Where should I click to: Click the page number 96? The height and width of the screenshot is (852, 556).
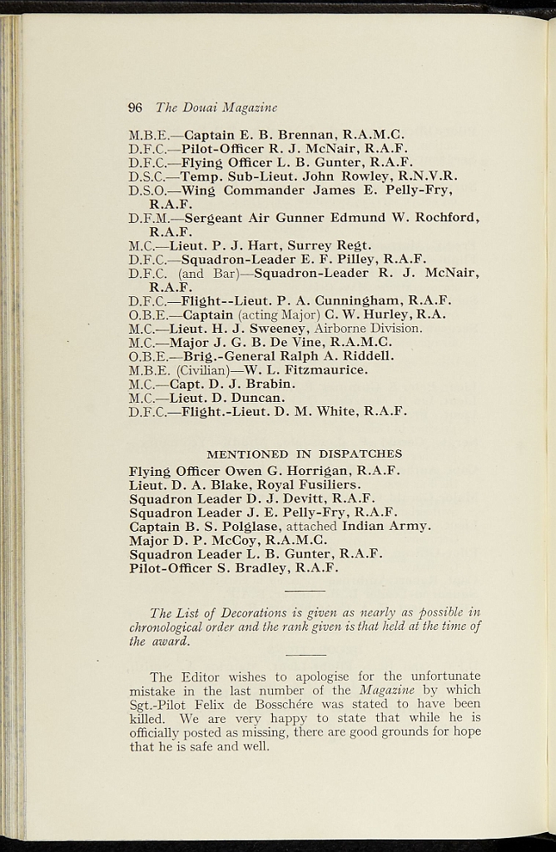(137, 107)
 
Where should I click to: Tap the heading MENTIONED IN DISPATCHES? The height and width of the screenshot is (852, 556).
(304, 454)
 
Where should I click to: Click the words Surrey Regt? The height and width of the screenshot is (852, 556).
(330, 245)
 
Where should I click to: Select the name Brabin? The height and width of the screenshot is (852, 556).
(266, 384)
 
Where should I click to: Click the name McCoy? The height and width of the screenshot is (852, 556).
(221, 540)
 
